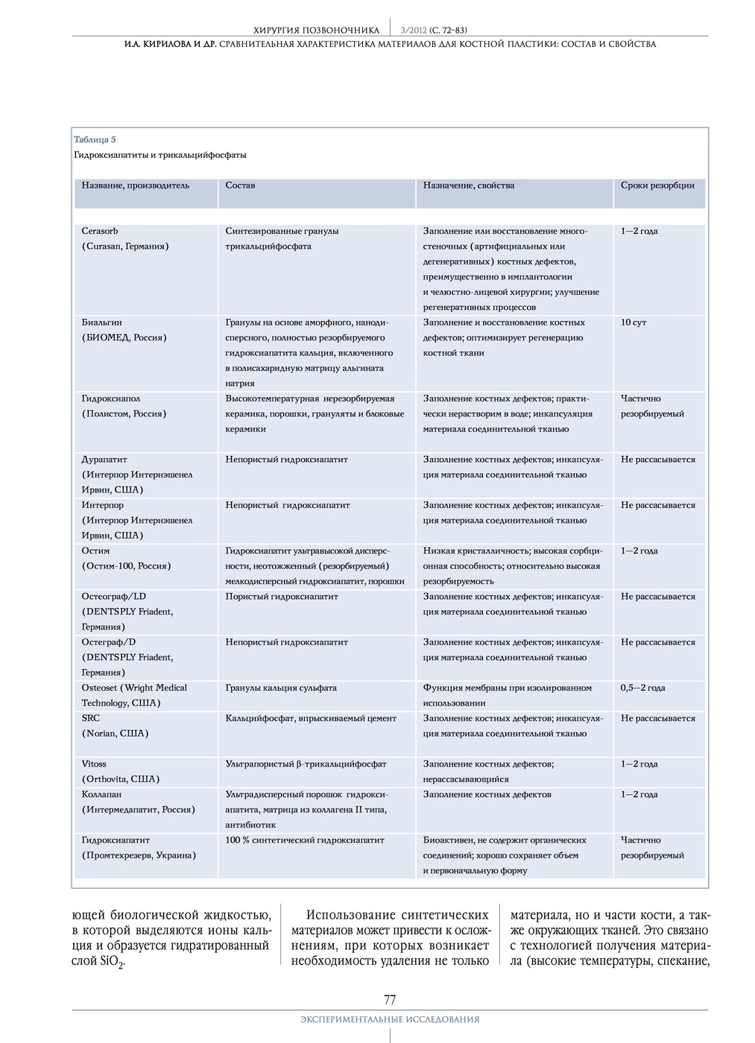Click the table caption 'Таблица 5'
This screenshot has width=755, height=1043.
(95, 139)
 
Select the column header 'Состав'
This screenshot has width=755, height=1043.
(240, 186)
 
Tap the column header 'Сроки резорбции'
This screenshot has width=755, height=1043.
(657, 186)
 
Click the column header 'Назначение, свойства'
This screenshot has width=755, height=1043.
(468, 186)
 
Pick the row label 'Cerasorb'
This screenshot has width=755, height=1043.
(100, 231)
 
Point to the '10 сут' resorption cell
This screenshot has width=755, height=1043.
(634, 323)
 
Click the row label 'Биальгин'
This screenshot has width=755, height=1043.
(101, 323)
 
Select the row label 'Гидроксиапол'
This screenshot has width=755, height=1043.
(110, 399)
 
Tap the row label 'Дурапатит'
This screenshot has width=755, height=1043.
(104, 460)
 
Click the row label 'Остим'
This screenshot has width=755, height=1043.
(95, 551)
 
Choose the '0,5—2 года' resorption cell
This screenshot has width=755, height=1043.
(642, 688)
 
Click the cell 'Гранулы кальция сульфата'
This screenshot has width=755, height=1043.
(281, 688)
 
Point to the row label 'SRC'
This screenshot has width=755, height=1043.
(91, 718)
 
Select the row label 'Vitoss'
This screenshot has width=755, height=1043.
(94, 764)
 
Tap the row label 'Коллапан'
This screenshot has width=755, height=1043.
(101, 794)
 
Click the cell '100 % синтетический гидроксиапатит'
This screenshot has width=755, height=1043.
(305, 840)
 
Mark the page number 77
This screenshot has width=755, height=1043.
(390, 1000)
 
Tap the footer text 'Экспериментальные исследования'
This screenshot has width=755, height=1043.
(390, 1019)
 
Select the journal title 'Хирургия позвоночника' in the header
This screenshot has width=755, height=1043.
(317, 31)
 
